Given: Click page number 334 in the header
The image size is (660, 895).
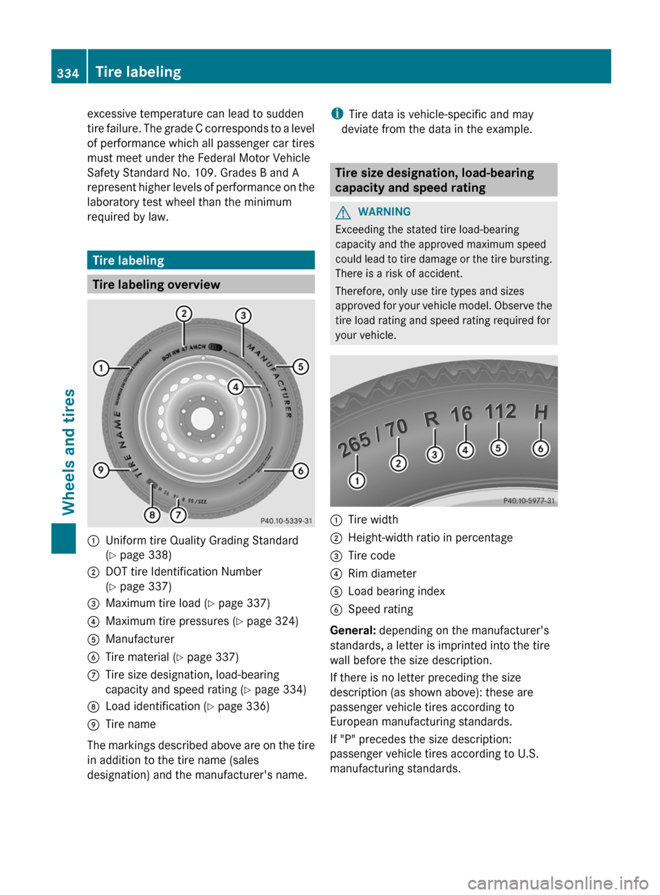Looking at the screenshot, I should pos(68,73).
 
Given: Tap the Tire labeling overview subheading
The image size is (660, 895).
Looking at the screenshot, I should pos(156,285).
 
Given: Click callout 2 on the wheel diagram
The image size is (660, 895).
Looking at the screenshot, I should pos(184,314).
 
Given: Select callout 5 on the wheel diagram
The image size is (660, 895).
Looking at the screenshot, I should pos(300,366).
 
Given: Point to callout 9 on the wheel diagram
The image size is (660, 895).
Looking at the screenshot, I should pos(101,470).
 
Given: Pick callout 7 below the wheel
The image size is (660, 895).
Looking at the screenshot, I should pos(178,514).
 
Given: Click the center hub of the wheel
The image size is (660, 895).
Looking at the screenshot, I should pos(202,418).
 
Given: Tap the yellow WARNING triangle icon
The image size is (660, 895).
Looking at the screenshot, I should pos(343,212).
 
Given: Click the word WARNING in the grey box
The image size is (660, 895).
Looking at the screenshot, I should pos(384,212).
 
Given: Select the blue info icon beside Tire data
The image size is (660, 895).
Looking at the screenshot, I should pos(337,113).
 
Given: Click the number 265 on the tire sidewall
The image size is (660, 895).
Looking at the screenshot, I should pos(354,445).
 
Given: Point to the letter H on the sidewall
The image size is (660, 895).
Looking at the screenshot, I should pos(541,412).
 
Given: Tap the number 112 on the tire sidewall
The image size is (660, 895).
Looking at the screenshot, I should pos(500,411).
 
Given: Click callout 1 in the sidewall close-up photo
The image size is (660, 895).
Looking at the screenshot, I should pos(357,480).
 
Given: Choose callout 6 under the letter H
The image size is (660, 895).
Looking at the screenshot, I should pos(541,448).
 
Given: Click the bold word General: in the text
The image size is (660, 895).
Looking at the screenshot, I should pos(353,630).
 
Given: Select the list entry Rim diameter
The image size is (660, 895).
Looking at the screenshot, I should pos(382,573).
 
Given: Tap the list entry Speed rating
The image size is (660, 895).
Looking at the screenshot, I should pos(380,609).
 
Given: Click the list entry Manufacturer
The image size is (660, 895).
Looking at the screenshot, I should pos(140,639).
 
